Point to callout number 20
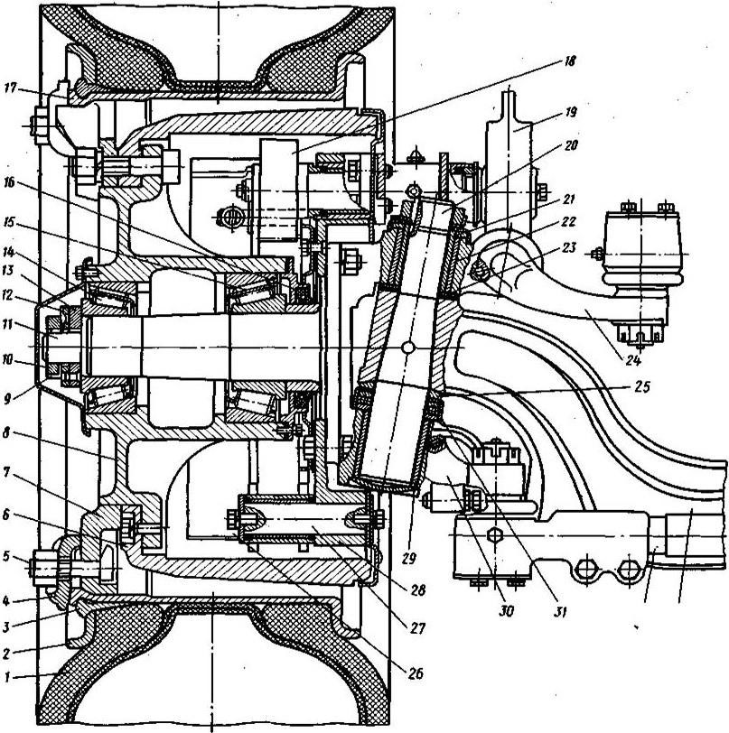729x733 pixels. point(571,144)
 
